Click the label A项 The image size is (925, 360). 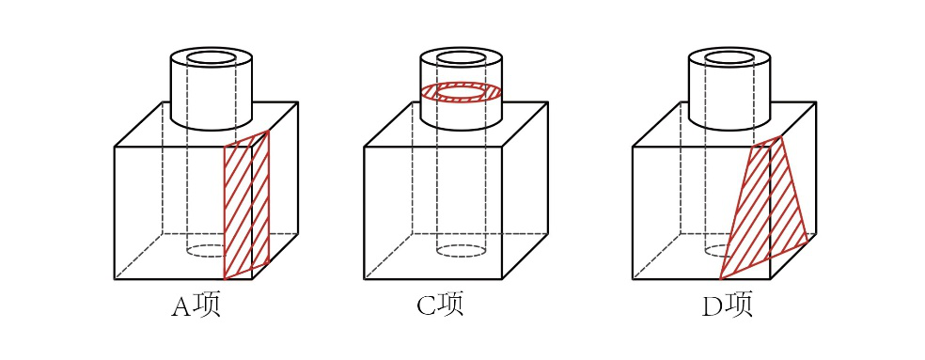click(196, 305)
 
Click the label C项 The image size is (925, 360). click(440, 305)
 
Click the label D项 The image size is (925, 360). click(728, 305)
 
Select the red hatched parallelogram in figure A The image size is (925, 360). click(246, 205)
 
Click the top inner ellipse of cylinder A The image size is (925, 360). click(212, 58)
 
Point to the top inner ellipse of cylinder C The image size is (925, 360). click(462, 58)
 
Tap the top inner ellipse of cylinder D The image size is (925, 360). click(729, 58)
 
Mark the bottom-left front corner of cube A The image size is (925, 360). click(115, 279)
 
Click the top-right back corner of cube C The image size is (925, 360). click(547, 102)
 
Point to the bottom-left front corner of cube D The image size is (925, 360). click(633, 279)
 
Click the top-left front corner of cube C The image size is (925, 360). click(364, 147)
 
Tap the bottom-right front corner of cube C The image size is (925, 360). click(502, 279)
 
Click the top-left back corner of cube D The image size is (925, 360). click(680, 102)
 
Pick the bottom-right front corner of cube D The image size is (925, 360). click(771, 279)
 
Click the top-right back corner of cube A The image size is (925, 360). click(298, 102)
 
